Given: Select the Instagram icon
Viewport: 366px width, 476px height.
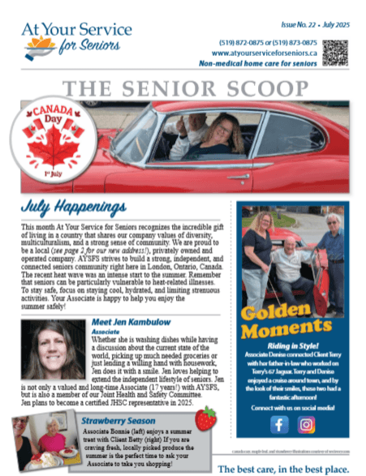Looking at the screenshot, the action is tap(308, 424).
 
